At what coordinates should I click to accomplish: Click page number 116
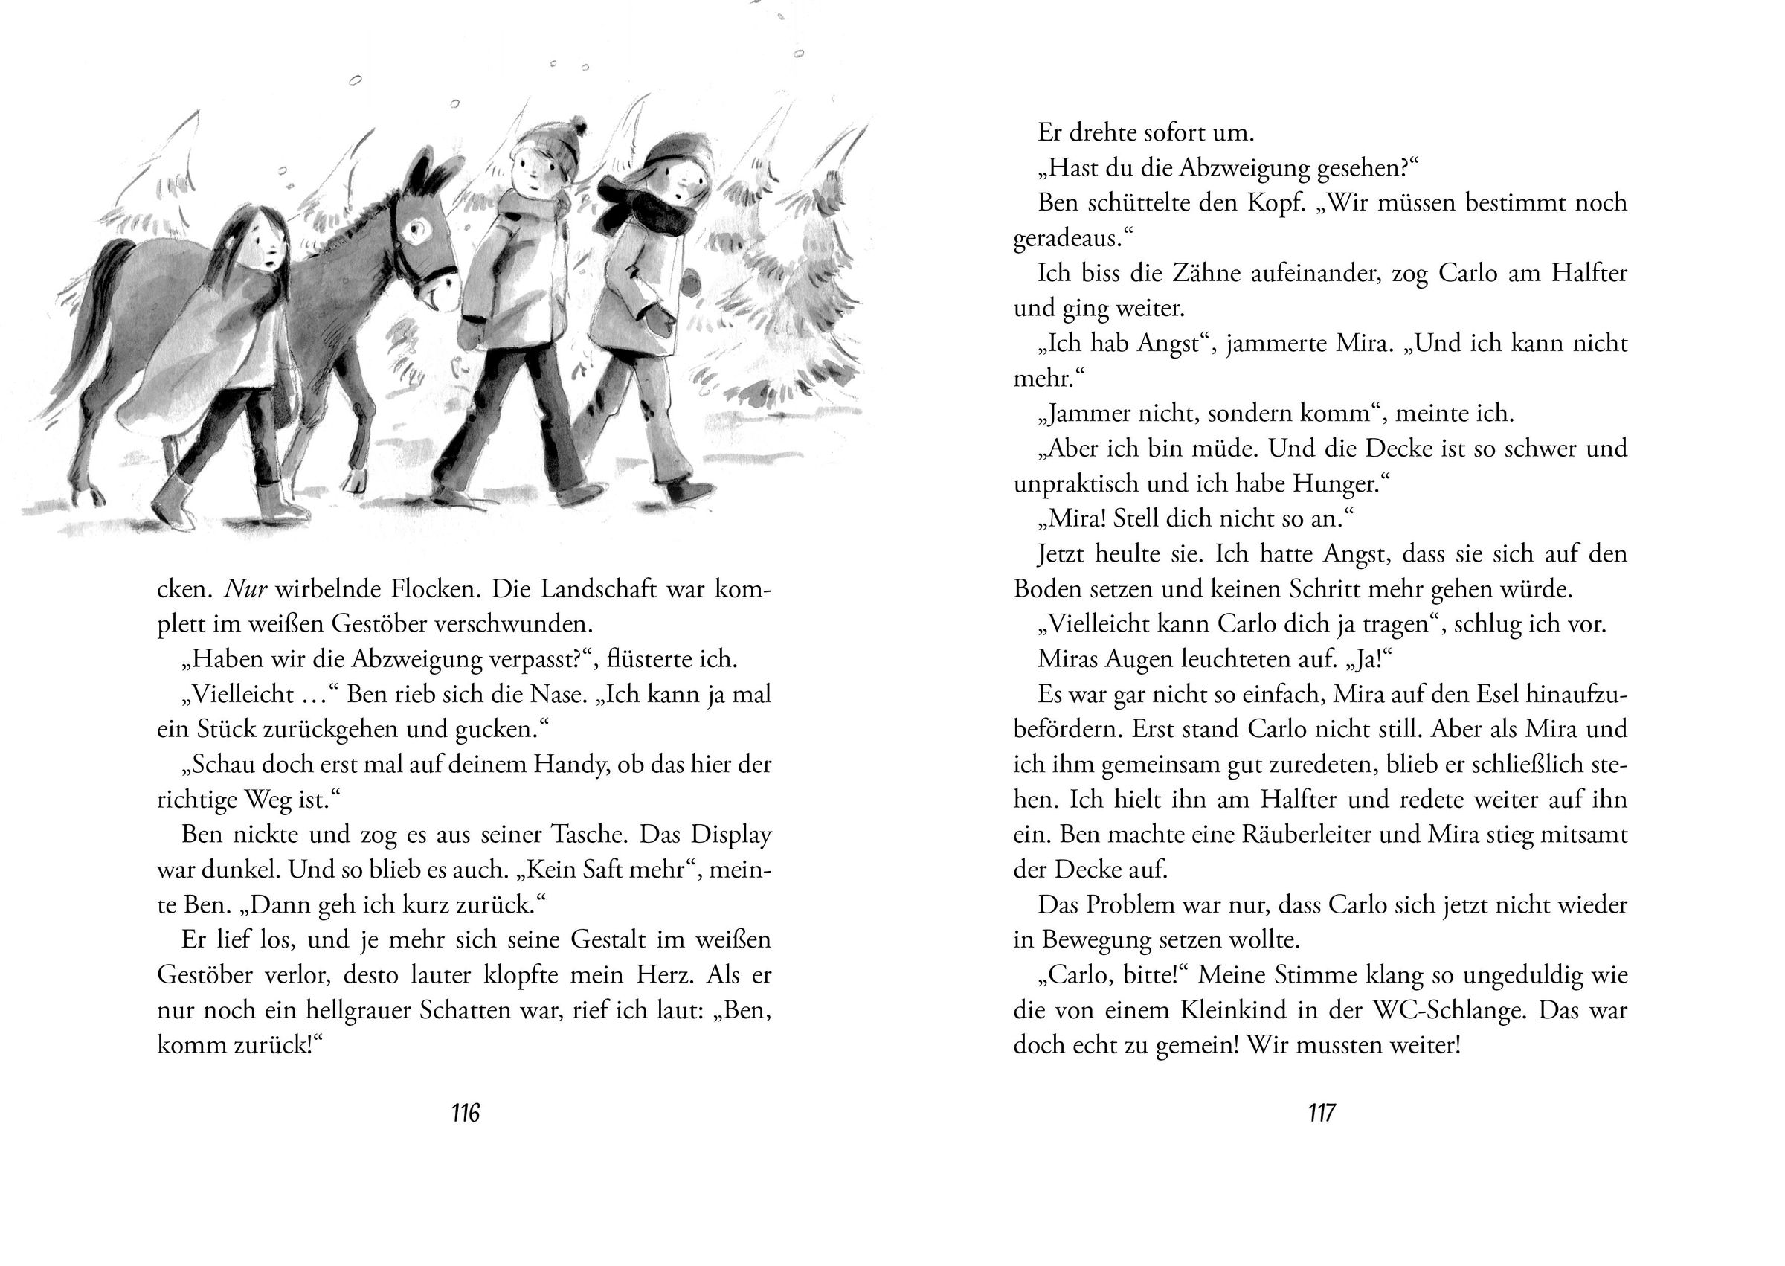click(466, 1114)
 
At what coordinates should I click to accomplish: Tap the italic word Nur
click(246, 588)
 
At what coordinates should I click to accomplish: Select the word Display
click(730, 835)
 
